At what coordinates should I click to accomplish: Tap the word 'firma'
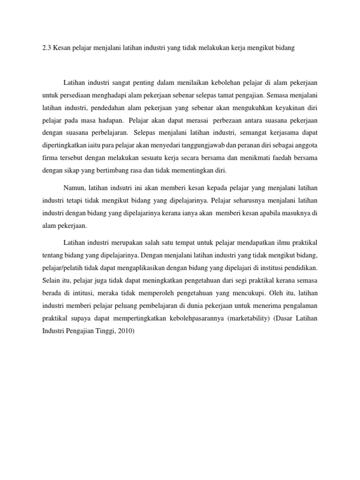(x=49, y=157)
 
